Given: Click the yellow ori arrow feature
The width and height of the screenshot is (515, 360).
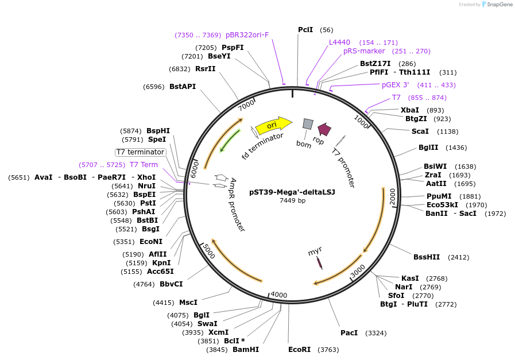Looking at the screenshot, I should click(273, 125).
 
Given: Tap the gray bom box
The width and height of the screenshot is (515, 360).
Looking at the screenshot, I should click(308, 123).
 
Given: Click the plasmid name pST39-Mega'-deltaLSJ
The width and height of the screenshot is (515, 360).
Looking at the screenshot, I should click(292, 192).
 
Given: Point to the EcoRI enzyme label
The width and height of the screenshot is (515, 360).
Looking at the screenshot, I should click(299, 349).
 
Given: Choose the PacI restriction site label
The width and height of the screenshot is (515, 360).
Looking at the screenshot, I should click(349, 332).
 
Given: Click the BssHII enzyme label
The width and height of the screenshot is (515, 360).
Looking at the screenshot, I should click(427, 257).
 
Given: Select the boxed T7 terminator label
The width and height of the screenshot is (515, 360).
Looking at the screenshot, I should click(141, 152).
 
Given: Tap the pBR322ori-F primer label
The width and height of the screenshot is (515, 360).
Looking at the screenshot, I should click(247, 35).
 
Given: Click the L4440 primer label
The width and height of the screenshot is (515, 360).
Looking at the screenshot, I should click(339, 42).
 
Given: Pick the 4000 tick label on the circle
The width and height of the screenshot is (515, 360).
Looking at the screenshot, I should click(278, 295).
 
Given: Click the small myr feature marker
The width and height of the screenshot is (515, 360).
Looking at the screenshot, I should click(319, 262).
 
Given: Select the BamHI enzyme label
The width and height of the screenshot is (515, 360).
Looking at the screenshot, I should click(246, 349).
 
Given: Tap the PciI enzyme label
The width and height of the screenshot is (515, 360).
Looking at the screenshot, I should click(305, 29).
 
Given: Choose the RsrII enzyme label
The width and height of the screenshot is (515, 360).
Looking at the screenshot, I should click(206, 68).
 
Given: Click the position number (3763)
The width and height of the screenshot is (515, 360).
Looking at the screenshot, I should click(329, 349).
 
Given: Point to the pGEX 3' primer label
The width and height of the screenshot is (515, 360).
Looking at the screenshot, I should click(396, 84).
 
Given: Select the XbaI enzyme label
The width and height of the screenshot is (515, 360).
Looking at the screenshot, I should click(410, 110).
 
